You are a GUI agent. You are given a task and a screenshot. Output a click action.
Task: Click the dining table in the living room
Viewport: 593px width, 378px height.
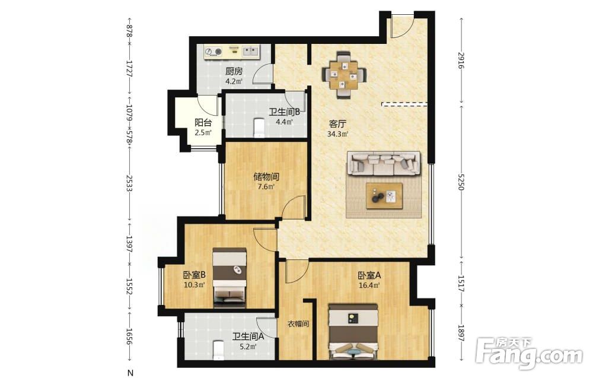point(344,76)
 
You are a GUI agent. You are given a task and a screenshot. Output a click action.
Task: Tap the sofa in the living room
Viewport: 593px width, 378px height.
point(384,164)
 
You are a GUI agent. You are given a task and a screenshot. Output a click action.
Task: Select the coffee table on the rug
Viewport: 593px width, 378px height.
point(384,196)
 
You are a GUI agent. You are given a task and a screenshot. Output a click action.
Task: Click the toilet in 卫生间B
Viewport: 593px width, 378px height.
point(259,128)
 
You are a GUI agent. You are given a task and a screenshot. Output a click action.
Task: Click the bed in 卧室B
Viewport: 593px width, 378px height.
point(229,277)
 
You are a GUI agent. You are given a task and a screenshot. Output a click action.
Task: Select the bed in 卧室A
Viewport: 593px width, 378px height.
point(353,332)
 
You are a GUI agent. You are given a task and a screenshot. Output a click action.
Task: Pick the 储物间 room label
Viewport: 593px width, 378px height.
point(266,177)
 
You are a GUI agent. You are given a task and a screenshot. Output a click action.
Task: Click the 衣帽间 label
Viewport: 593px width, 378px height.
point(298,324)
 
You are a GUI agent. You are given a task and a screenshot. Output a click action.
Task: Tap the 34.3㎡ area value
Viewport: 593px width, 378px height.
point(337,134)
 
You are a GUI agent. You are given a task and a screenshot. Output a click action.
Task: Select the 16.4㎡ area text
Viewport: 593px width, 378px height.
point(369,285)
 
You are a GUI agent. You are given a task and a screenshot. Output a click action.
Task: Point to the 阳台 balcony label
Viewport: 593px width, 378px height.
point(203,123)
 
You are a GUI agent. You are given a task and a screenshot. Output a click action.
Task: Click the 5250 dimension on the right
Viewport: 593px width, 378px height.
point(461,182)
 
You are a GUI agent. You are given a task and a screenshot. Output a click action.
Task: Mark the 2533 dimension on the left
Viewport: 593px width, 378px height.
point(129,183)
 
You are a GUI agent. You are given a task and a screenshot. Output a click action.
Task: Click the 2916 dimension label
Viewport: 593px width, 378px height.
point(461,60)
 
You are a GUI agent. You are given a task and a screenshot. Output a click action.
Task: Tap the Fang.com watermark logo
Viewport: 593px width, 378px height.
point(530,354)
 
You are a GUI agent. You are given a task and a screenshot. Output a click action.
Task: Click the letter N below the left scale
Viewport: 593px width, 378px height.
point(130,373)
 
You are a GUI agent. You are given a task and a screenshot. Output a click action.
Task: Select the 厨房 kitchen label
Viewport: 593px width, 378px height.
point(234,71)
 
